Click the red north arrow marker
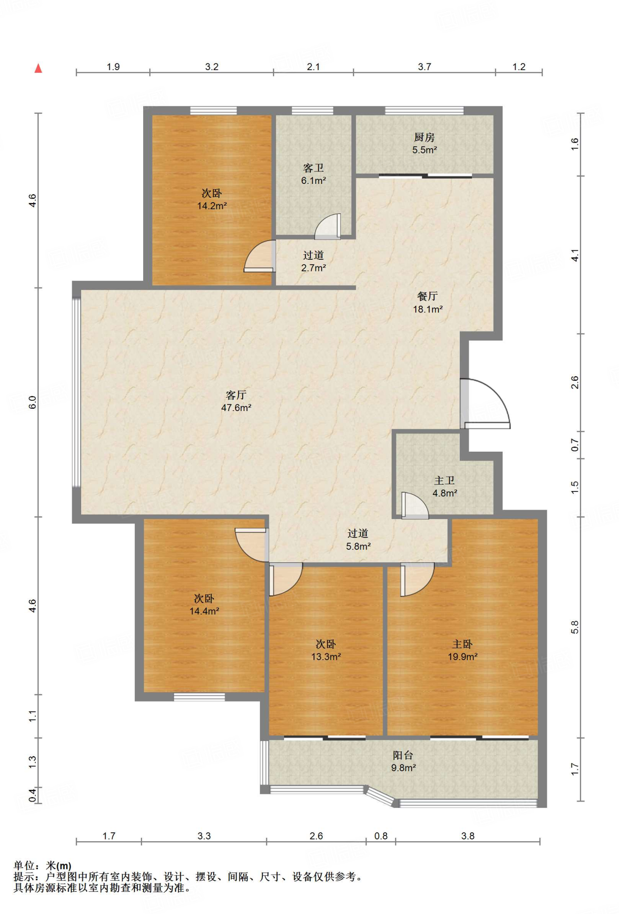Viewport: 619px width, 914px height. (38, 68)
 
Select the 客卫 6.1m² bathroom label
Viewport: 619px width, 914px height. (314, 174)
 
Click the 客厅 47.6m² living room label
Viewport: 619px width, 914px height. (236, 401)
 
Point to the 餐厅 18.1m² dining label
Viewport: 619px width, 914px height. (428, 303)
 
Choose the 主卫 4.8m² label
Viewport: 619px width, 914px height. (445, 486)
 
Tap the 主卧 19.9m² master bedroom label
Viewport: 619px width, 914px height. (462, 650)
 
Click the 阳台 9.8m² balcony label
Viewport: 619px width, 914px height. (403, 761)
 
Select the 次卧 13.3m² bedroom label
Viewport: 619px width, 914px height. (326, 650)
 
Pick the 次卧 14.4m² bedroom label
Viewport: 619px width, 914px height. (204, 605)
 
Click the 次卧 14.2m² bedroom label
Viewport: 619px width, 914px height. (212, 199)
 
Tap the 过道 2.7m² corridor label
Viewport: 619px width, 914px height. (314, 262)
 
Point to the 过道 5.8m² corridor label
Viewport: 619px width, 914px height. (359, 540)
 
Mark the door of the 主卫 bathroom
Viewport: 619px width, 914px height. (415, 506)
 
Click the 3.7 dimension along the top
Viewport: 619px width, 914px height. (425, 67)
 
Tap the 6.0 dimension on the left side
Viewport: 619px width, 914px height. (33, 403)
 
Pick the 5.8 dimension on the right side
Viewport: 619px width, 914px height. (575, 627)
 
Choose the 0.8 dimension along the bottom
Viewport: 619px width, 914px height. (381, 836)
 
